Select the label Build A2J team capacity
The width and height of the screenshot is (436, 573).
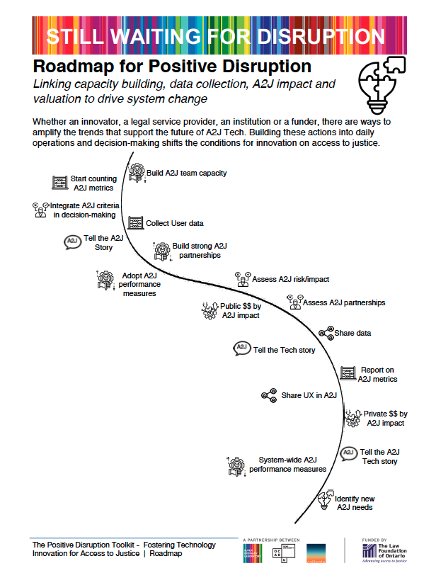(186, 172)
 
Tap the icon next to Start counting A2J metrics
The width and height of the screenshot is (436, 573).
(59, 182)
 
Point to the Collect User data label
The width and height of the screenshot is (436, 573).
(176, 223)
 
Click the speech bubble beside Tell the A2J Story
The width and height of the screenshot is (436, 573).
(71, 242)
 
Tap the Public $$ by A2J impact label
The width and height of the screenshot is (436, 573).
(241, 311)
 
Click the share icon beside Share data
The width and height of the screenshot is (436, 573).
(326, 332)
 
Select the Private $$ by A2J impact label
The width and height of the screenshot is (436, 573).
(385, 418)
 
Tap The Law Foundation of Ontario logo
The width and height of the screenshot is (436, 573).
(388, 549)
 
